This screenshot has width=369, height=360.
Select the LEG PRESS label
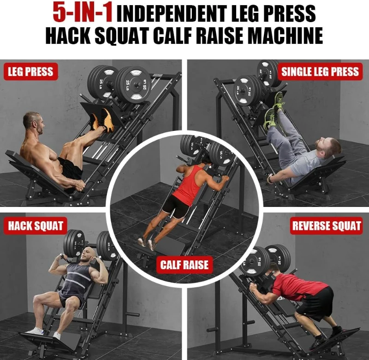click(x=30, y=71)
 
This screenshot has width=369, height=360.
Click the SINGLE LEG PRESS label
click(x=320, y=71)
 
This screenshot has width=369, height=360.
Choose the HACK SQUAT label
click(x=35, y=226)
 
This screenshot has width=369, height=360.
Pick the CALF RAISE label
click(x=184, y=265)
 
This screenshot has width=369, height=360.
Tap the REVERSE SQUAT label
click(x=326, y=226)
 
